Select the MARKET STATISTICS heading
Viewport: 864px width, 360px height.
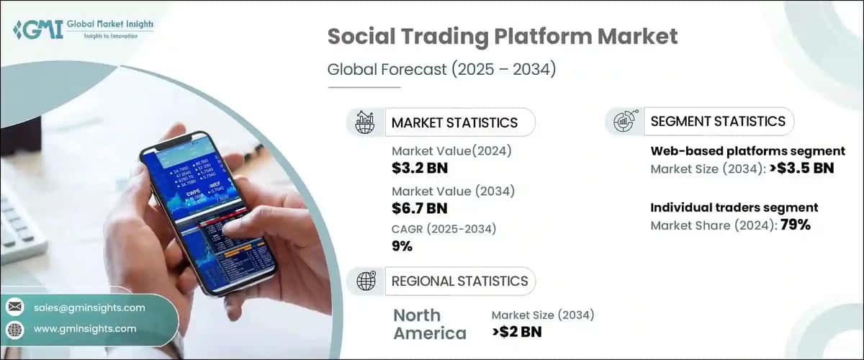pyautogui.click(x=454, y=122)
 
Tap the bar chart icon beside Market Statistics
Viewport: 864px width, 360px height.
pyautogui.click(x=365, y=122)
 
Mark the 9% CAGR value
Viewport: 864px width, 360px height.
pyautogui.click(x=402, y=246)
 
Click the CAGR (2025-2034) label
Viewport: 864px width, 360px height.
pyautogui.click(x=444, y=229)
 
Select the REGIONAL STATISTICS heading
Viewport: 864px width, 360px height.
pyautogui.click(x=459, y=281)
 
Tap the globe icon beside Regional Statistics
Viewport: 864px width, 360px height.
pyautogui.click(x=365, y=281)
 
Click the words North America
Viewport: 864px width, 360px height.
pyautogui.click(x=429, y=324)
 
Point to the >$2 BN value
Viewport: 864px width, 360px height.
pyautogui.click(x=516, y=332)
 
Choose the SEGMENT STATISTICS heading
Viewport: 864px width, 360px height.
pyautogui.click(x=718, y=122)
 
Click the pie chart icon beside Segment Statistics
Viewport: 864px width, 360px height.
pyautogui.click(x=624, y=122)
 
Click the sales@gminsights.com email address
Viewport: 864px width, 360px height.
pyautogui.click(x=89, y=307)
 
